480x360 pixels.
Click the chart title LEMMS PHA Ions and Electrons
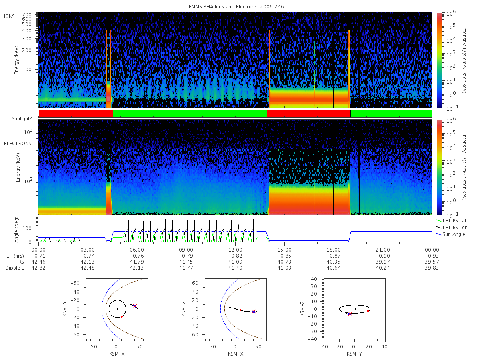(x=221, y=7)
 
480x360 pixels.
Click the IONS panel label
(x=9, y=16)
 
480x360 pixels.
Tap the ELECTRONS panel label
(x=18, y=143)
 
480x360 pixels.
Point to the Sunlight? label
(x=22, y=119)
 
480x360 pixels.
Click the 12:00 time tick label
(x=235, y=250)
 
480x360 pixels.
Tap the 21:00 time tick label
(x=383, y=250)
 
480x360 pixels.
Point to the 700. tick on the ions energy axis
(x=27, y=15)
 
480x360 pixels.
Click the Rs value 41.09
(x=235, y=262)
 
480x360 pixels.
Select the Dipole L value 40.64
(x=334, y=268)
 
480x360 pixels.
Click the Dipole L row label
(x=14, y=268)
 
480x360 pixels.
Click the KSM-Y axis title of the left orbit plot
(x=64, y=308)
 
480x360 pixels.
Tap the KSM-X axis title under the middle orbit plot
(x=236, y=354)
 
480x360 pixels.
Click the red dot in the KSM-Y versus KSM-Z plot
(x=368, y=311)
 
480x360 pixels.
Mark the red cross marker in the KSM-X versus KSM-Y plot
(x=135, y=306)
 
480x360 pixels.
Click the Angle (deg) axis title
(x=16, y=230)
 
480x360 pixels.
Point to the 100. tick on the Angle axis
(x=28, y=228)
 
